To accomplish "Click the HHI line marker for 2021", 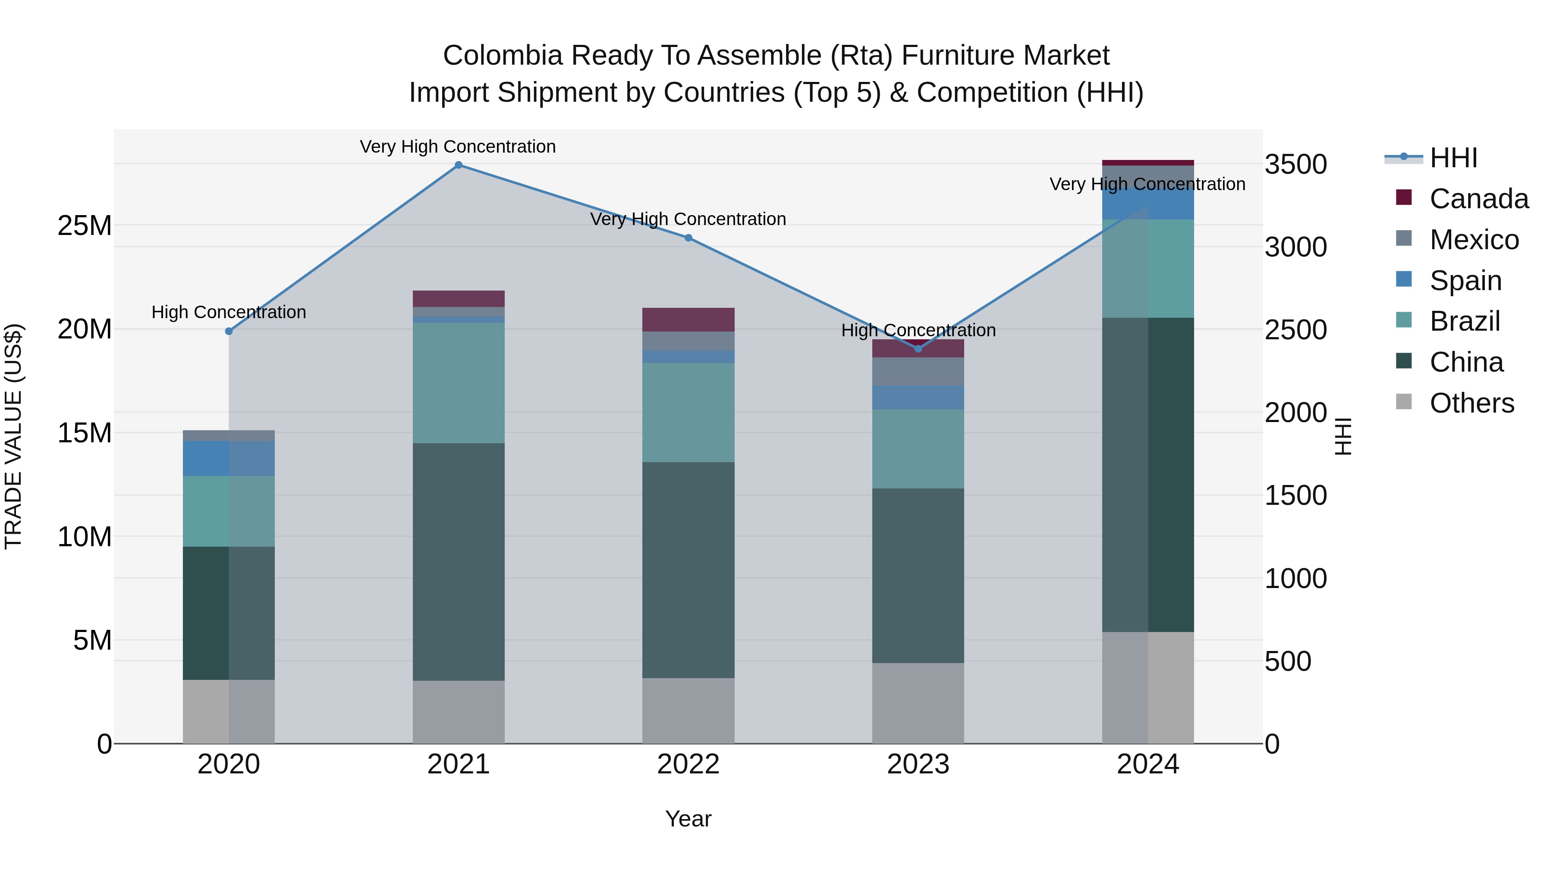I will [458, 165].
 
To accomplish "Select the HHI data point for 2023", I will [918, 349].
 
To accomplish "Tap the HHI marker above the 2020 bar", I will [229, 332].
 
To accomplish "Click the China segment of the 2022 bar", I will [688, 569].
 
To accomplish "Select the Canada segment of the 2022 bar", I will [688, 319].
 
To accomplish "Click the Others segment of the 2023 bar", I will [918, 703].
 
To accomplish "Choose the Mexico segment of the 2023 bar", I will [918, 371].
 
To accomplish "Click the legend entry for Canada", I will [1478, 199].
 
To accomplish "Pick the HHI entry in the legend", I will [1453, 158].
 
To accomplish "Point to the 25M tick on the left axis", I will [85, 226].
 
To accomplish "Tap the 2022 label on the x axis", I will [688, 764].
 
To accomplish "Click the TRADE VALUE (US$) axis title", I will [13, 436].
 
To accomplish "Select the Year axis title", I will [688, 819].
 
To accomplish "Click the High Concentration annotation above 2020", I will [229, 312].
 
